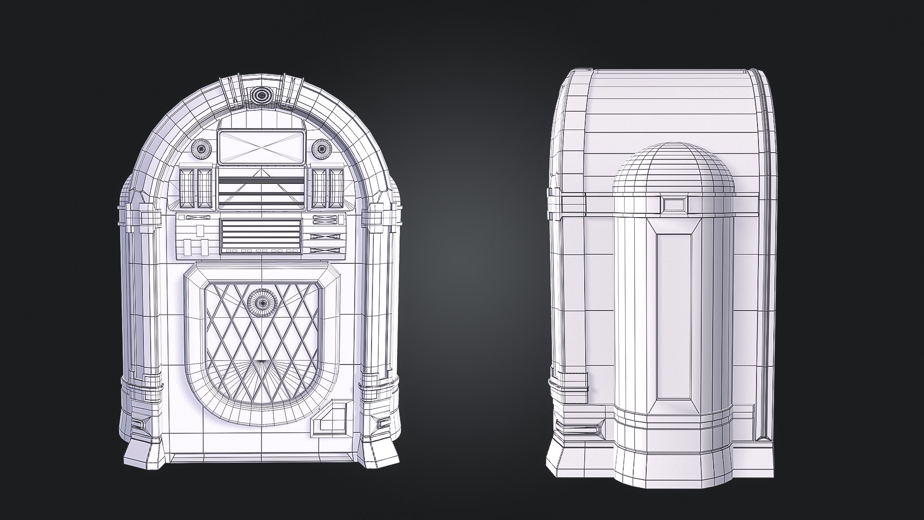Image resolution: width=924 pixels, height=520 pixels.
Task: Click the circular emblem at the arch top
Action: (261, 94)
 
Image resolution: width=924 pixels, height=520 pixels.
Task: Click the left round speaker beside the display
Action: (202, 147)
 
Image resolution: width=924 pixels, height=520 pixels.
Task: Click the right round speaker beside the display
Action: (321, 147)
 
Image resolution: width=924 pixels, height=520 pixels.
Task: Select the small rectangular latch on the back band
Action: (674, 205)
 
